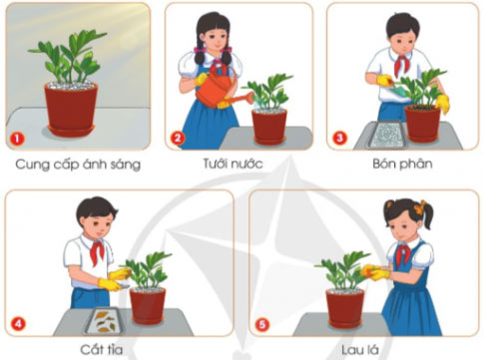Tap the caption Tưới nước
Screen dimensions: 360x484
pyautogui.click(x=240, y=163)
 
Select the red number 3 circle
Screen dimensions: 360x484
pyautogui.click(x=339, y=137)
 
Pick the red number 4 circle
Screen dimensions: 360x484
pyautogui.click(x=17, y=322)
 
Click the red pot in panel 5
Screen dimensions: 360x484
pyautogui.click(x=345, y=304)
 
